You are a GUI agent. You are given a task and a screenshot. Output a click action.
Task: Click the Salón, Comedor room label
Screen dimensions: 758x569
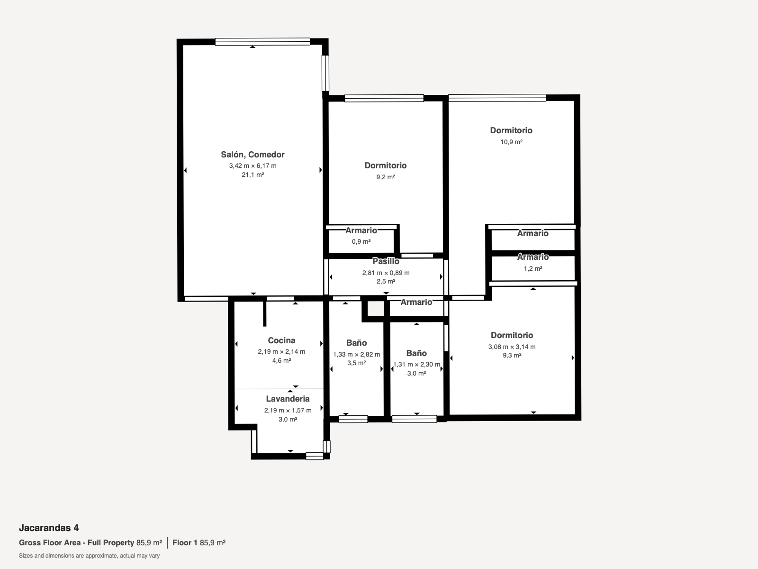click(x=253, y=155)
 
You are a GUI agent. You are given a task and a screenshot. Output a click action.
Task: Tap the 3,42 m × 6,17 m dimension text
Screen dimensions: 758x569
click(x=253, y=166)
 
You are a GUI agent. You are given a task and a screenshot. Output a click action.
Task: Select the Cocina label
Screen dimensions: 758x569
click(x=281, y=340)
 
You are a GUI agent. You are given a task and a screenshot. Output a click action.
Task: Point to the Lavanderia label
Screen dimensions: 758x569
click(x=288, y=399)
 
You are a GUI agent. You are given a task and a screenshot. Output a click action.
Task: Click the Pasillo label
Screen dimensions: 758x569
click(x=386, y=262)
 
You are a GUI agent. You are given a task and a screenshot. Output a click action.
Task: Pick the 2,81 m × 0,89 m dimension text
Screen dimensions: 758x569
click(x=386, y=273)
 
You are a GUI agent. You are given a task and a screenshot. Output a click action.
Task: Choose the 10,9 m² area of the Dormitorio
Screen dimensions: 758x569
click(x=512, y=142)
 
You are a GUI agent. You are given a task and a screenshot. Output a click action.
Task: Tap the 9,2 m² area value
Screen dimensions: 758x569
click(x=385, y=177)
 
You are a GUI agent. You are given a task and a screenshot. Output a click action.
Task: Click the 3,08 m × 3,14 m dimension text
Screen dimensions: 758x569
click(x=512, y=347)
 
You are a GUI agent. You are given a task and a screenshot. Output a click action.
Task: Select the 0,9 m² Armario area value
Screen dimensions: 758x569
click(x=361, y=241)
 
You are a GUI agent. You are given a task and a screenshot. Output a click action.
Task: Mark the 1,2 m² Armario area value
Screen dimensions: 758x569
click(x=533, y=268)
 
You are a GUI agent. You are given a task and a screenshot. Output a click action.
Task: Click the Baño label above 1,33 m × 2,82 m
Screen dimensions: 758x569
click(x=356, y=343)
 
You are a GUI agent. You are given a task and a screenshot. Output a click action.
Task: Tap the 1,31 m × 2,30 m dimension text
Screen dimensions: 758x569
click(x=416, y=365)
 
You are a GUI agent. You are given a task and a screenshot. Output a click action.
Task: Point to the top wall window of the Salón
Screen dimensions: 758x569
click(x=262, y=42)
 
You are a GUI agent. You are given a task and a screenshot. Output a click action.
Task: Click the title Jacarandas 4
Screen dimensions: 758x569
click(x=49, y=528)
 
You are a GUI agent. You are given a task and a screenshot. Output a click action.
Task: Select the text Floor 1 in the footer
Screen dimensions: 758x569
click(x=185, y=543)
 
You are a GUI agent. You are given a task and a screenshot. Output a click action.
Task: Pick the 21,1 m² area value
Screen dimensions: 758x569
click(x=253, y=175)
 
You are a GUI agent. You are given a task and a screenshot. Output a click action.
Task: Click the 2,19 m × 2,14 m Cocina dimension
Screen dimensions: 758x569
click(x=281, y=352)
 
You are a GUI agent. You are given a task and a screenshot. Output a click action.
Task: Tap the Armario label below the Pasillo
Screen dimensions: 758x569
click(x=416, y=303)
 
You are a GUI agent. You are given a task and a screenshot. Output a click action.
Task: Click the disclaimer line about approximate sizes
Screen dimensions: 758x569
click(x=89, y=556)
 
